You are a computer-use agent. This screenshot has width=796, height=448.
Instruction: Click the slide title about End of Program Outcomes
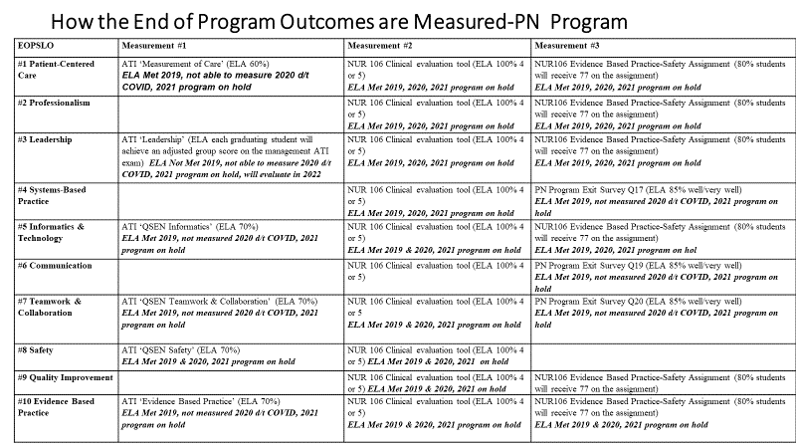coord(339,21)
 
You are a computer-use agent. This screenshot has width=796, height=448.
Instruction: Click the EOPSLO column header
coord(36,46)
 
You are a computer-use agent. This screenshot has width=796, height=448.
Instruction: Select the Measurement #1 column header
coord(154,46)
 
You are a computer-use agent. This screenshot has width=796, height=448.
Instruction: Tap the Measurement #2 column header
coord(380,46)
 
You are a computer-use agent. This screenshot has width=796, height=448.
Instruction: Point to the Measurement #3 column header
coord(566,46)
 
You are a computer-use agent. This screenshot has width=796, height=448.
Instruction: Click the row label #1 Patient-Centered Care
coord(56,70)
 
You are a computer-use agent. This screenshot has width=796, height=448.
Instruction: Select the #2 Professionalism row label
coord(54,103)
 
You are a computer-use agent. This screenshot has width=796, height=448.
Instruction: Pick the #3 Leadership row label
coord(45,139)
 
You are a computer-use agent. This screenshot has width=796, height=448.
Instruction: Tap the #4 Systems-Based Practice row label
coord(52,195)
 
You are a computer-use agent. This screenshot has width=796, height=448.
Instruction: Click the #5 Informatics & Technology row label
coord(51,232)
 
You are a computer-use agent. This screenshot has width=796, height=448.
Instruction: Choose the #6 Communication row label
coord(55,266)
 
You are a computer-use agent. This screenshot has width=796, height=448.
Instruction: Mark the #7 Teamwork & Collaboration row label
coord(49,307)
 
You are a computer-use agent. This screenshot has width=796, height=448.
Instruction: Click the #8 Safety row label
coord(35,350)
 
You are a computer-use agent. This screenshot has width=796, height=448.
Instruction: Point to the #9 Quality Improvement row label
coord(66,378)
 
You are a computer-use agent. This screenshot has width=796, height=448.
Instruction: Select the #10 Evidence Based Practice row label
coord(56,407)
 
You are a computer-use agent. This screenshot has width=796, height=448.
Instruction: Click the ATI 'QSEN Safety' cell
coord(231,356)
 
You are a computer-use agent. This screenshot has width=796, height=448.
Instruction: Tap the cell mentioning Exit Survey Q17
coord(663,201)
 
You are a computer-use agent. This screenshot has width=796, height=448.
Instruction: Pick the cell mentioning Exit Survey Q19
coord(663,277)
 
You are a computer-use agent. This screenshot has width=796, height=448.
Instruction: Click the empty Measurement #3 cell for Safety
coord(663,356)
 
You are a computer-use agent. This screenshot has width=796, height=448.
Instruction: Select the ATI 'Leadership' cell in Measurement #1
coord(231,157)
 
